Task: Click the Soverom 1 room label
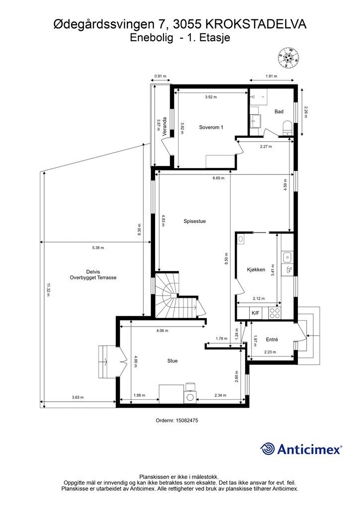tap(211, 127)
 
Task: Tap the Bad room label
tap(279, 111)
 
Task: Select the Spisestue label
tap(194, 221)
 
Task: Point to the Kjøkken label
tap(256, 269)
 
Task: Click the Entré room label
tap(272, 339)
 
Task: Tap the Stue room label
tap(173, 361)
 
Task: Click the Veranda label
tap(165, 126)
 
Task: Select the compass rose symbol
tap(288, 58)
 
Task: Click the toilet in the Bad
tap(287, 128)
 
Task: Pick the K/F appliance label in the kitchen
tap(256, 313)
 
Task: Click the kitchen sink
tap(287, 258)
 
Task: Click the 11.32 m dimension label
tap(48, 290)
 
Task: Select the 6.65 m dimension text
tap(218, 178)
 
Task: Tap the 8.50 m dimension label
tap(226, 259)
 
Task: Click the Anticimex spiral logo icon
tap(268, 449)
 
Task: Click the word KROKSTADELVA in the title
tap(256, 25)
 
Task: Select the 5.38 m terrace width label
tap(98, 248)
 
